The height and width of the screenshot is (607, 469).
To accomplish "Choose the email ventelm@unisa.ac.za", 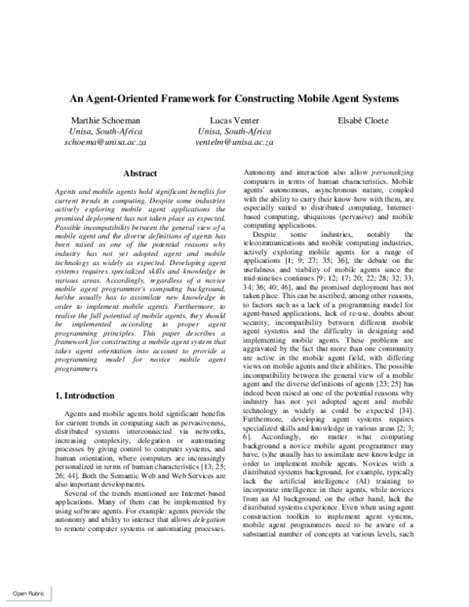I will tap(236, 143).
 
